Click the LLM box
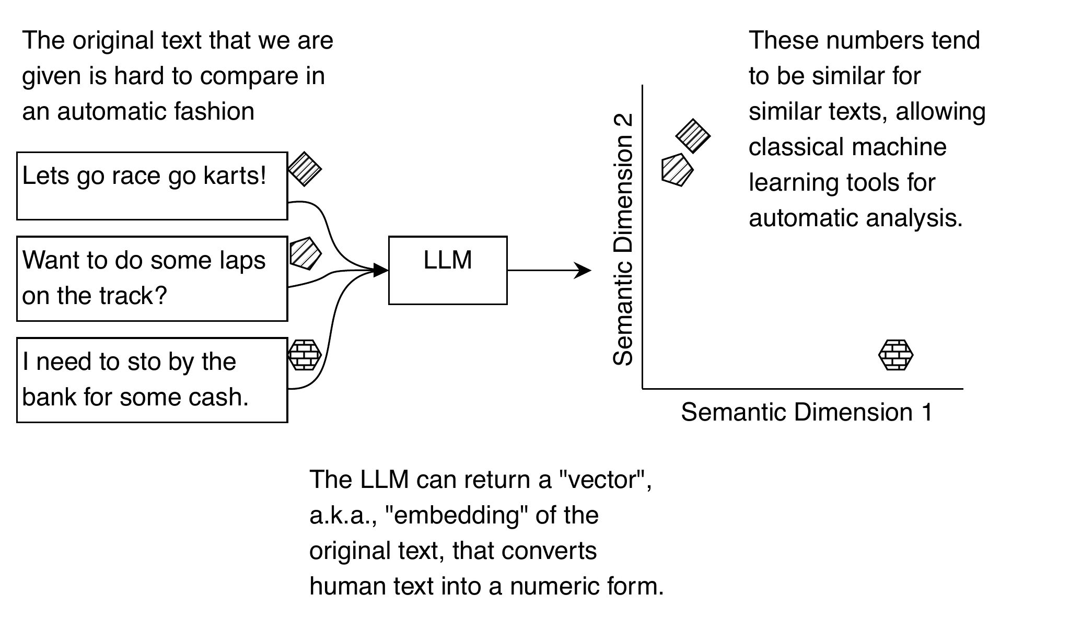point(448,270)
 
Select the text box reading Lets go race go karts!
point(152,186)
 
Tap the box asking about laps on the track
point(152,278)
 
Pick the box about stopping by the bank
point(152,380)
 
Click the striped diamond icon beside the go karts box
point(305,169)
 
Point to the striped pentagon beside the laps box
point(305,254)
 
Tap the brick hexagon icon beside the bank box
point(305,355)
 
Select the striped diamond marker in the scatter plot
point(693,136)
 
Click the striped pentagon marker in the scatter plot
point(677,170)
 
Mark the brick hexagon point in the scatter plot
point(896,355)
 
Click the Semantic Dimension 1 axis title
point(807,412)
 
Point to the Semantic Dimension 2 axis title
point(623,240)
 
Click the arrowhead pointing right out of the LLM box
point(583,270)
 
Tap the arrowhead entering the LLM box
point(380,270)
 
